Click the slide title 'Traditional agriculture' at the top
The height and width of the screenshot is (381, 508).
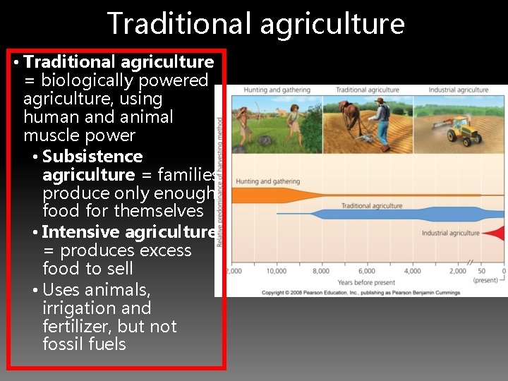(255, 23)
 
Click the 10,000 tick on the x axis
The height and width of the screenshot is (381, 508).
(277, 271)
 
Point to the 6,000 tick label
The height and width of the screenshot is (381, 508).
(367, 271)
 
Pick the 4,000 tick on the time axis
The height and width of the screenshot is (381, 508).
(413, 271)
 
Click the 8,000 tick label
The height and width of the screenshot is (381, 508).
(322, 271)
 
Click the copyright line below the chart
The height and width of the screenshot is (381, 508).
(361, 292)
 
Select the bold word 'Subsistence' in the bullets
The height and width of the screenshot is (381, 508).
(92, 157)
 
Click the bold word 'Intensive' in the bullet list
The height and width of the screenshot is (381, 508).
(81, 232)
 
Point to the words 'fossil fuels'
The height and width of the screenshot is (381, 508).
(84, 344)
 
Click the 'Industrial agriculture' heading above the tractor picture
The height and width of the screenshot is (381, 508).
(458, 90)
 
